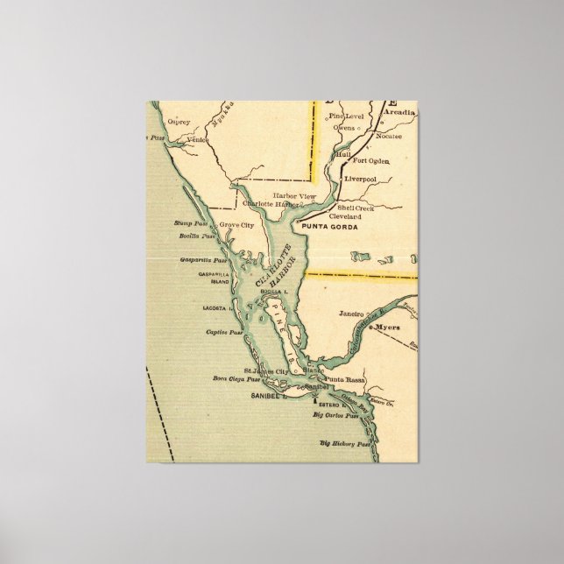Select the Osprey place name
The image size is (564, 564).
(180, 122)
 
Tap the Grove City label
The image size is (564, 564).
(236, 225)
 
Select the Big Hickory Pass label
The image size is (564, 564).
(346, 444)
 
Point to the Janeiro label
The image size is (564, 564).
(349, 312)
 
